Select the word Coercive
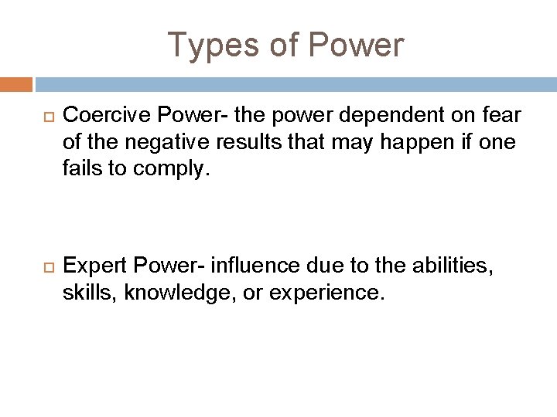pos(96,116)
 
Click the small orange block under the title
pos(16,83)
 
